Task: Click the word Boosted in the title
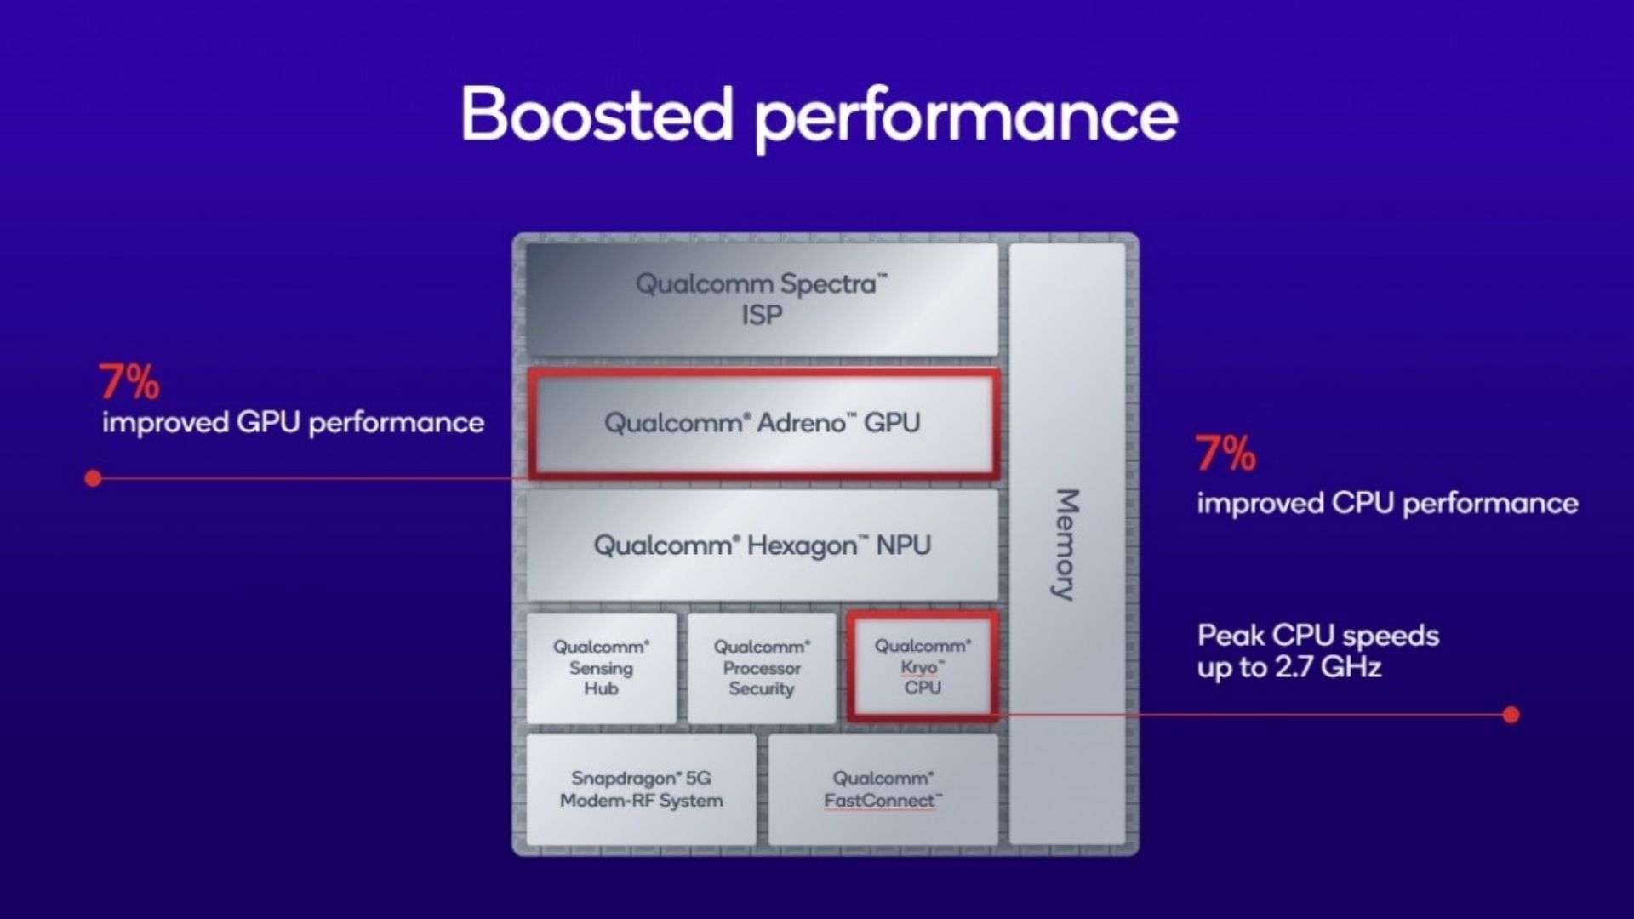tap(596, 115)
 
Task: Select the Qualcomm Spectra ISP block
tap(762, 299)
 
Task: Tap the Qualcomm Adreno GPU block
tap(762, 423)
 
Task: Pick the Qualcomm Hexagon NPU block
tap(762, 545)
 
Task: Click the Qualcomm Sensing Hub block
tap(601, 668)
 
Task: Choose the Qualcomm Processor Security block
tap(762, 668)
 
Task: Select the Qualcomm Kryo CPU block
tap(923, 666)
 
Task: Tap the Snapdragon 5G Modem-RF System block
tap(641, 790)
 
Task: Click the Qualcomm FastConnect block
tap(883, 790)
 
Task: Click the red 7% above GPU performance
tap(129, 382)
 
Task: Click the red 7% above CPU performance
tap(1225, 454)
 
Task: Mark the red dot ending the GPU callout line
tap(94, 478)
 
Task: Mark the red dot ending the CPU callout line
tap(1511, 715)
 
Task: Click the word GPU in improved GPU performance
tap(268, 423)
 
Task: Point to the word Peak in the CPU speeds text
tap(1230, 636)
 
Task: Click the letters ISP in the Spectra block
tap(762, 316)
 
